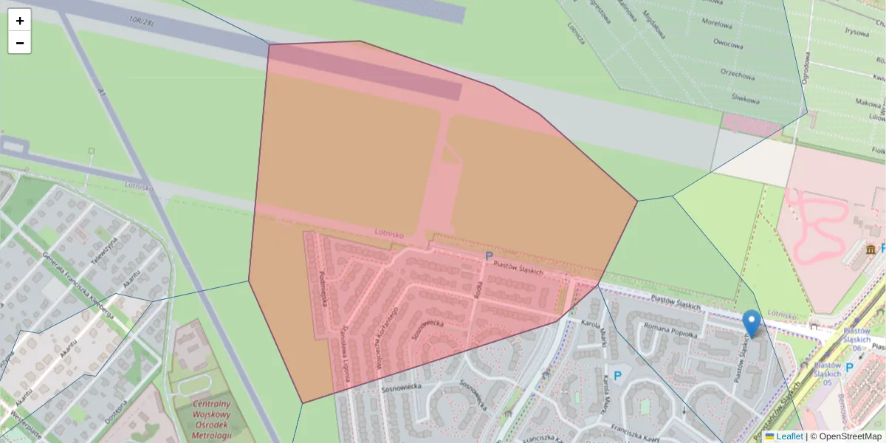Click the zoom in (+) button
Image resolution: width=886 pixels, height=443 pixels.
point(20,21)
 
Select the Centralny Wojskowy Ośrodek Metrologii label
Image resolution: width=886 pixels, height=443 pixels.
point(211,419)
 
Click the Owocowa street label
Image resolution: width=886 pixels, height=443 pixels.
point(728,44)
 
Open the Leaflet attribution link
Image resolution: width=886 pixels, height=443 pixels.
point(789,436)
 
